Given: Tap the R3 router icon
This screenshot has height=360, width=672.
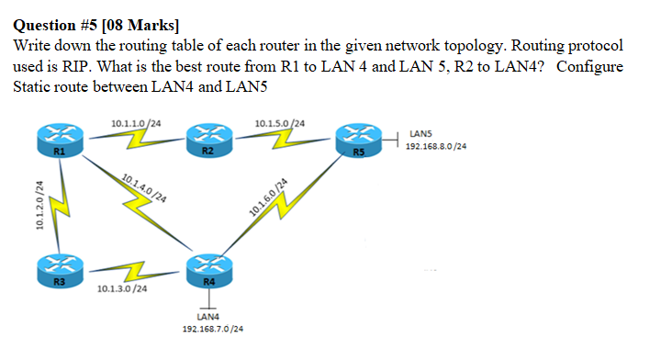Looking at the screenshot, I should pyautogui.click(x=58, y=270).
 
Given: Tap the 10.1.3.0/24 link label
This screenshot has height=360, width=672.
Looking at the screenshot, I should pyautogui.click(x=122, y=289).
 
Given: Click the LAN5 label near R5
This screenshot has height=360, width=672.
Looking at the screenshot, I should pyautogui.click(x=421, y=134).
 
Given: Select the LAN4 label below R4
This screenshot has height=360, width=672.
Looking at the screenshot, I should pyautogui.click(x=207, y=317).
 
